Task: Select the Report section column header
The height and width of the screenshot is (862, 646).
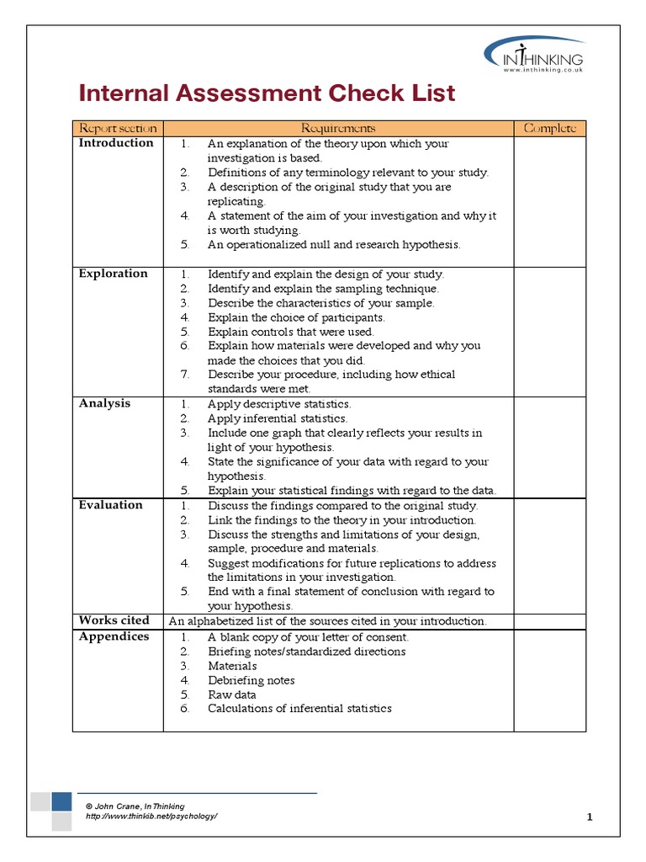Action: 118,128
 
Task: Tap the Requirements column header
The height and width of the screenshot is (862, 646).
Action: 338,128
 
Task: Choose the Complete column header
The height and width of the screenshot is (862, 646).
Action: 549,128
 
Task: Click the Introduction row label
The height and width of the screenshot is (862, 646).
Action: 116,143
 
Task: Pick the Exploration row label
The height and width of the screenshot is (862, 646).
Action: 113,274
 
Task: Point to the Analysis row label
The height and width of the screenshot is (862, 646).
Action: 104,404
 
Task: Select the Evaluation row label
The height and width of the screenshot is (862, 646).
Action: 110,505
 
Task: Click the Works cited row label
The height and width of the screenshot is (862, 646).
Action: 114,620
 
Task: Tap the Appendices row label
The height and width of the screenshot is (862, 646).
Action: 114,636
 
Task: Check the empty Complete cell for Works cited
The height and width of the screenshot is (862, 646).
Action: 549,621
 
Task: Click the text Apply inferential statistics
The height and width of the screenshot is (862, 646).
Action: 278,418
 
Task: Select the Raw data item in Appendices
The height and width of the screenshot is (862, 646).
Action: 232,694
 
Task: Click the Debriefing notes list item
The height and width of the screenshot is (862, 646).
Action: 252,680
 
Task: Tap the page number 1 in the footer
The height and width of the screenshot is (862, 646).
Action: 590,817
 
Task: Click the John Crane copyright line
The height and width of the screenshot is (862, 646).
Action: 135,806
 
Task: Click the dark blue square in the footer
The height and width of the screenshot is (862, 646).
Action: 61,801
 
